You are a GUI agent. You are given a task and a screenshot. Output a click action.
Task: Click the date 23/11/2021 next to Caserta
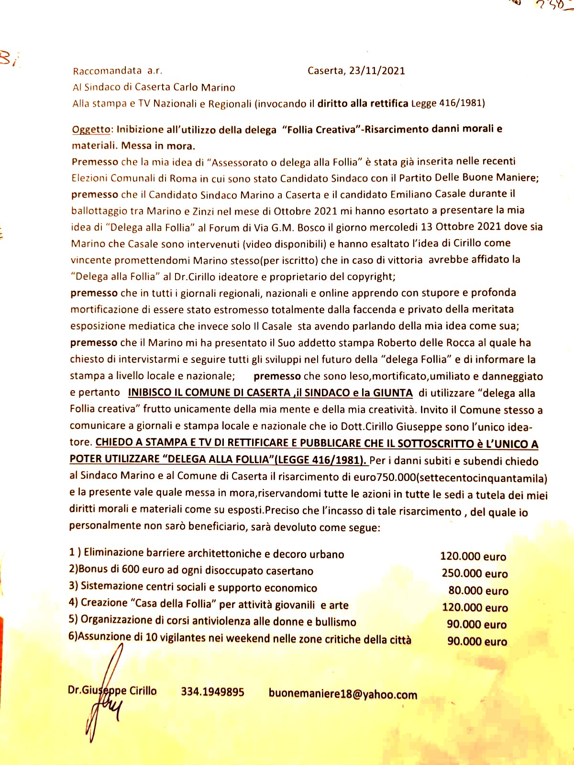click(x=377, y=71)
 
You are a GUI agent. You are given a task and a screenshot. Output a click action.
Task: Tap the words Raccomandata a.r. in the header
click(x=118, y=71)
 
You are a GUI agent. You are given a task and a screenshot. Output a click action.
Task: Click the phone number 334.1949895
click(x=212, y=692)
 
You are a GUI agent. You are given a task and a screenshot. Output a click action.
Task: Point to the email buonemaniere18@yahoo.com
click(x=342, y=694)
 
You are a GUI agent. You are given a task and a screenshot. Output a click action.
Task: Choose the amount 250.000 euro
click(x=475, y=573)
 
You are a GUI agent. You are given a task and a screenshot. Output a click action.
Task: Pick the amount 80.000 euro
click(x=478, y=590)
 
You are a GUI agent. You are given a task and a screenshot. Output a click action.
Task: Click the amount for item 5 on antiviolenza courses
click(x=476, y=624)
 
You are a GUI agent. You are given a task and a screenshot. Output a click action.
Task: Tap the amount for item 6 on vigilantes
click(x=477, y=641)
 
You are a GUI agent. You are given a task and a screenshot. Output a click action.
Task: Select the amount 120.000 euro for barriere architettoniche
click(x=473, y=557)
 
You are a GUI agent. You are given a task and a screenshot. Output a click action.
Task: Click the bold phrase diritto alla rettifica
click(x=363, y=103)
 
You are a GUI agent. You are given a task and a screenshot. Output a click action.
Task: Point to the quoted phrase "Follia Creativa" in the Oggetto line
click(x=321, y=130)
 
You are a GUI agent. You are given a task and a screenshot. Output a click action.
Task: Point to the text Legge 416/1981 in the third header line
click(x=448, y=103)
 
